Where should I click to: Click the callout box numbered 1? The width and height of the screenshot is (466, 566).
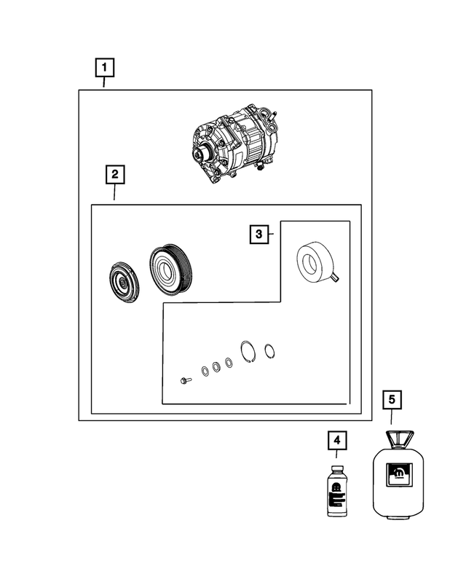(x=105, y=68)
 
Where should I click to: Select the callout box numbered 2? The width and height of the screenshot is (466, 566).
(x=115, y=175)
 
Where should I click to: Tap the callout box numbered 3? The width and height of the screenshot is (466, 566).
(x=259, y=235)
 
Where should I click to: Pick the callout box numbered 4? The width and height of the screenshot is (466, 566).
(x=337, y=441)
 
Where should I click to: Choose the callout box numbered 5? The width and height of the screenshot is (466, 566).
(x=392, y=400)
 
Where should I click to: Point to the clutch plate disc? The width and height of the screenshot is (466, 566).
(x=124, y=283)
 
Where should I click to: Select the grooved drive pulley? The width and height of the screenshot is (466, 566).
(x=171, y=270)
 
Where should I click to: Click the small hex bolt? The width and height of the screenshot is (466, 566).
(x=186, y=380)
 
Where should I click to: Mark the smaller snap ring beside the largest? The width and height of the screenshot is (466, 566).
(x=269, y=351)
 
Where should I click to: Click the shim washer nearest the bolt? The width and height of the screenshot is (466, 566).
(x=205, y=372)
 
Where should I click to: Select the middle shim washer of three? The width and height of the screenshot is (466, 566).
(x=216, y=367)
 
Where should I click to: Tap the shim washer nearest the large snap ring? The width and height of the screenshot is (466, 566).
(x=229, y=363)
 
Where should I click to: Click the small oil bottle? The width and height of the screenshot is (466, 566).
(x=336, y=491)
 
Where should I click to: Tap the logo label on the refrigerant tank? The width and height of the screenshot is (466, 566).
(x=399, y=474)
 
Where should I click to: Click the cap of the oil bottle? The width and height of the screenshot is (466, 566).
(x=336, y=469)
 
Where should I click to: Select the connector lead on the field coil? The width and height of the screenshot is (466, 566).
(x=336, y=278)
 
